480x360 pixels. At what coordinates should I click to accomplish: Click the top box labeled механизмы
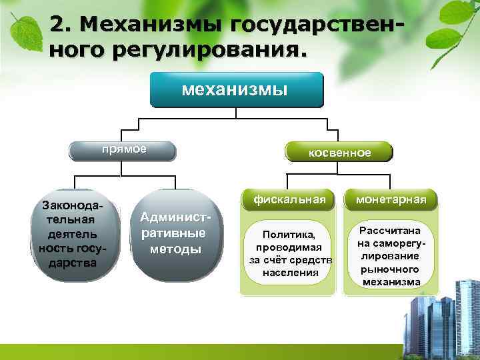[236, 90]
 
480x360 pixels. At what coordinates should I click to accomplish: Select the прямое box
[124, 149]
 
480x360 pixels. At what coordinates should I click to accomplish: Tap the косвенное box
[339, 152]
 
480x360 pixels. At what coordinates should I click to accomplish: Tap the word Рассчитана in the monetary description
[391, 231]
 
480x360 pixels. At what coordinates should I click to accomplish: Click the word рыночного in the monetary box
[391, 269]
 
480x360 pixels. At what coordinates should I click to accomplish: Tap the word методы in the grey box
[175, 249]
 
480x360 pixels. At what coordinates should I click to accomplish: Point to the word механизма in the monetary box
[391, 281]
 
